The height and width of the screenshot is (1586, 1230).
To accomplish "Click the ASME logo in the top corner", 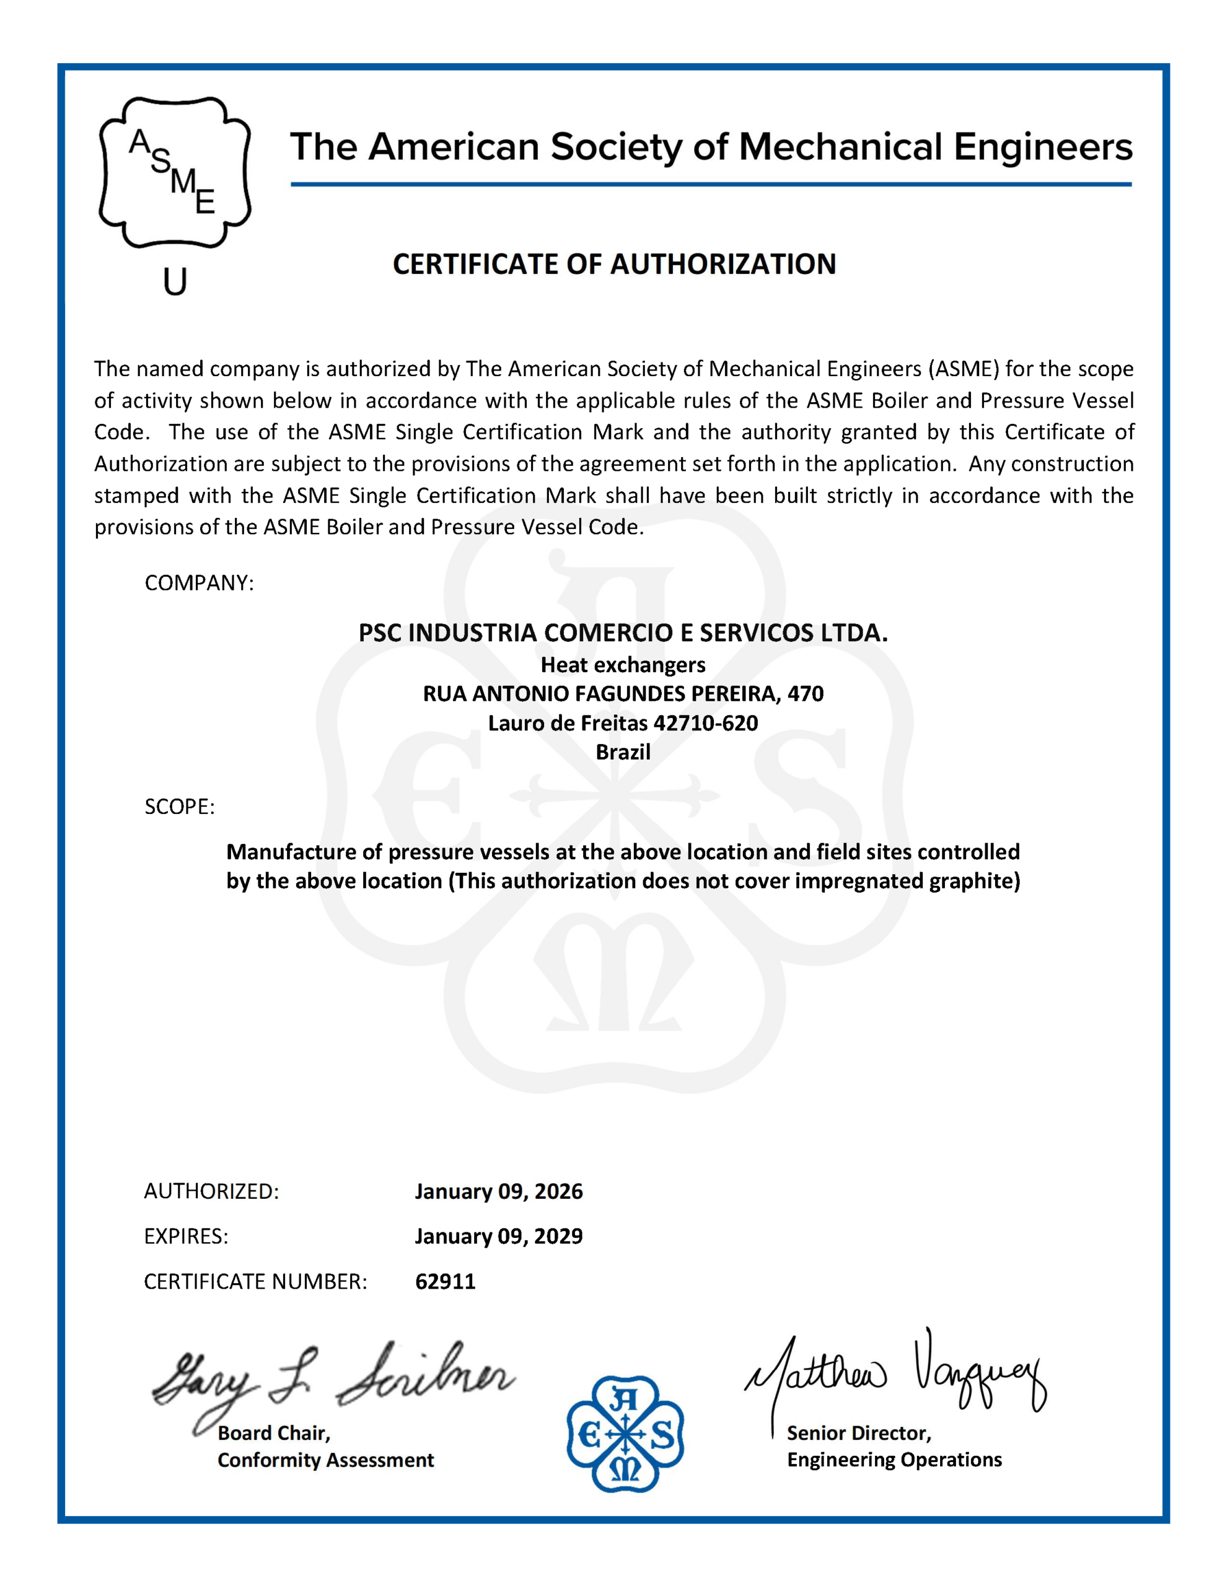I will click(x=174, y=172).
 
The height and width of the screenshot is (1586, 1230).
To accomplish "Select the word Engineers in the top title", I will click(x=1043, y=147).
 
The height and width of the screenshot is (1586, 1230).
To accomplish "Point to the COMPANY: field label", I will click(x=199, y=583).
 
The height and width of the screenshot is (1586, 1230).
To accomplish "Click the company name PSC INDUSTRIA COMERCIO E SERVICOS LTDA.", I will click(x=623, y=633).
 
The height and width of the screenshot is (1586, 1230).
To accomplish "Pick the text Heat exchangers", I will click(x=623, y=665).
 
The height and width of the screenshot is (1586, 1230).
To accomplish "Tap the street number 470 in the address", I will click(x=805, y=693).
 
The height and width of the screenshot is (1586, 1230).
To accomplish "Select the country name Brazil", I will click(x=623, y=751).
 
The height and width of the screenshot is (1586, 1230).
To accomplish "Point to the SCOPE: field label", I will click(x=180, y=807).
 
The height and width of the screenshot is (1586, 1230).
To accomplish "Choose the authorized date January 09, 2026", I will click(x=498, y=1191).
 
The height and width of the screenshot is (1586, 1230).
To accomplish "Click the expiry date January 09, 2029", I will click(x=498, y=1236).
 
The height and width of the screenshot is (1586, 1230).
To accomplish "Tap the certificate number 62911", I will click(x=446, y=1281).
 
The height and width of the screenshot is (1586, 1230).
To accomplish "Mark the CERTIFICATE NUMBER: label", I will click(x=255, y=1281).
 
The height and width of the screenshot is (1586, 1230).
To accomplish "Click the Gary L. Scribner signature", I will click(x=330, y=1382).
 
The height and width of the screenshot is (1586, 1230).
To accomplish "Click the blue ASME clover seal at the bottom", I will click(x=625, y=1434).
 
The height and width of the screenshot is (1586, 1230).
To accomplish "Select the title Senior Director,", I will click(x=859, y=1433).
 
